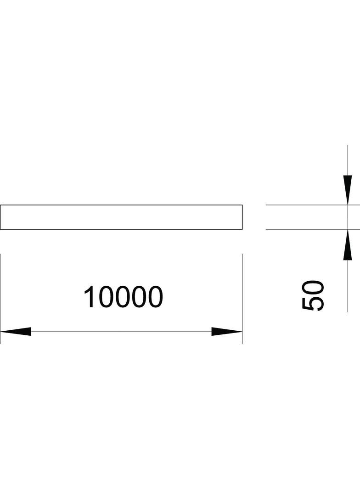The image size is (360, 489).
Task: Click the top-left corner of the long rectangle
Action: tap(0, 205)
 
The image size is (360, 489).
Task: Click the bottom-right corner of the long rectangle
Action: tap(242, 229)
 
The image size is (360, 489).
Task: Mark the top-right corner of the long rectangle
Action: tap(242, 205)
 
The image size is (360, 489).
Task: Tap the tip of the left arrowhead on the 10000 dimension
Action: tap(0, 331)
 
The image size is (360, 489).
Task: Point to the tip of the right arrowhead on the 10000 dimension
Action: tap(242, 331)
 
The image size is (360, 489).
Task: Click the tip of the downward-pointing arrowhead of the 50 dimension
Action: tap(348, 205)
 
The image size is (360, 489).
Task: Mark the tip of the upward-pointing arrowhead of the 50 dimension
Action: tap(348, 229)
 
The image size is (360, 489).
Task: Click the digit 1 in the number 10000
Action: tap(89, 297)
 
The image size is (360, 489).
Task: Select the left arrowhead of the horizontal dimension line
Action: tap(16, 331)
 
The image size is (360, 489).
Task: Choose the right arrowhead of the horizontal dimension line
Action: tap(227, 331)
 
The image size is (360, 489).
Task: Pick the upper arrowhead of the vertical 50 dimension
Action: tap(348, 190)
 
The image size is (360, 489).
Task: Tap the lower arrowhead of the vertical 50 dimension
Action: tap(348, 244)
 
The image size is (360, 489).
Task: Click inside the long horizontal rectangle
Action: tap(121, 217)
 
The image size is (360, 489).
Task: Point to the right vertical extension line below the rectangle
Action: tap(242, 299)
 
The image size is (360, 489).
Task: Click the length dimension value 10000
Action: tap(124, 297)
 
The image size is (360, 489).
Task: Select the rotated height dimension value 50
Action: tap(313, 295)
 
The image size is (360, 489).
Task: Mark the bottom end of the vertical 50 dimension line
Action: tap(348, 312)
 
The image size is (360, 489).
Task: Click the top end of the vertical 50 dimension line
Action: tap(348, 145)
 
